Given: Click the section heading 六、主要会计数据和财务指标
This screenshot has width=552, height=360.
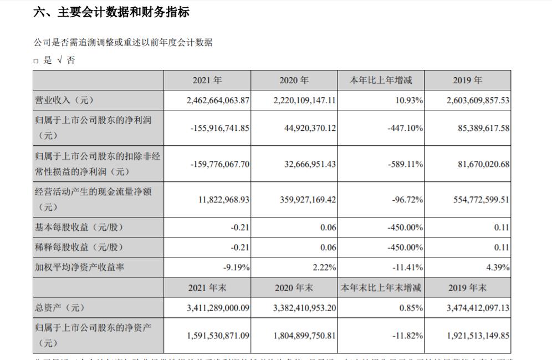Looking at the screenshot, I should tap(111, 12).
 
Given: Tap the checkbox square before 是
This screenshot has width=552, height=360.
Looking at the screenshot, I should tap(36, 61).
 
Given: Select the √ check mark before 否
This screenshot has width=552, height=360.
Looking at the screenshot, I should tap(59, 60).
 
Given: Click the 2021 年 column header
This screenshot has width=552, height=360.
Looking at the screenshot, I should tap(207, 80).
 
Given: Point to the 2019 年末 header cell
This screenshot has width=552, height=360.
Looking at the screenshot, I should tap(467, 288).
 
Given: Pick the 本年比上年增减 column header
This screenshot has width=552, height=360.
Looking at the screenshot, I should tap(381, 80).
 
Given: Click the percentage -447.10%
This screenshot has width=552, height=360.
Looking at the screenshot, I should tap(406, 128).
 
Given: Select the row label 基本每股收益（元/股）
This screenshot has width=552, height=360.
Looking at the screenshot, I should tap(79, 227).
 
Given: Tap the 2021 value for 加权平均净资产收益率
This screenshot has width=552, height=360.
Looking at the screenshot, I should tap(236, 267).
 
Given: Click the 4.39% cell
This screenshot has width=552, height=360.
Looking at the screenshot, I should tap(498, 267).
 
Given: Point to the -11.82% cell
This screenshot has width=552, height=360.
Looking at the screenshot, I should tap(407, 336).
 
